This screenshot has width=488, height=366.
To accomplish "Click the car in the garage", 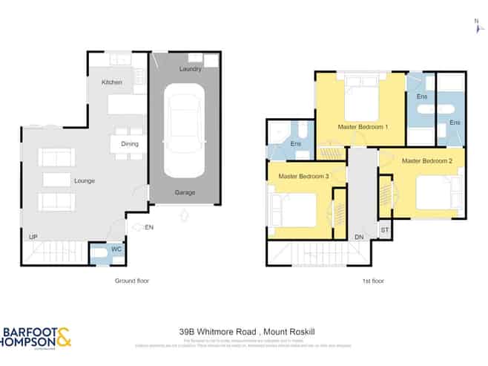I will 184,130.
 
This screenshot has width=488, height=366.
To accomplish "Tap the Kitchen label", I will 112,82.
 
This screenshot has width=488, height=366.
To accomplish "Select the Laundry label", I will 190,69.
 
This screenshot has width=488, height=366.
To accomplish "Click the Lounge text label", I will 84,180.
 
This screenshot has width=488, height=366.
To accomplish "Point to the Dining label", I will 130,144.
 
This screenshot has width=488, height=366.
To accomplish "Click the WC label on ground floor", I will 116,249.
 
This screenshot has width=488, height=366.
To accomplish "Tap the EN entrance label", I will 149,226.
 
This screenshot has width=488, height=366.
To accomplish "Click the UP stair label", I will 33,237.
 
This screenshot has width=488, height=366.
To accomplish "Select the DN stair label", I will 359,237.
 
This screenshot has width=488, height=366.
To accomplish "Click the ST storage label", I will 384,230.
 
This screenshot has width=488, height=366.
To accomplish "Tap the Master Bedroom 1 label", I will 364,126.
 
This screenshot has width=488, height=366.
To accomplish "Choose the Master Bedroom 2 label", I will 427,160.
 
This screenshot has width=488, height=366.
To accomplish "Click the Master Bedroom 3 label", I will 303,176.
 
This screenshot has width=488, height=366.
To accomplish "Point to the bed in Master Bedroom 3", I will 294,209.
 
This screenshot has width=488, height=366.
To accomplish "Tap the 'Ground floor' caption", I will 133,281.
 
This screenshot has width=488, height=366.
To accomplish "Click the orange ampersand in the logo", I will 64,337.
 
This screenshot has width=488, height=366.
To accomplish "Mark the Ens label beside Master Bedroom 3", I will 295,143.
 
